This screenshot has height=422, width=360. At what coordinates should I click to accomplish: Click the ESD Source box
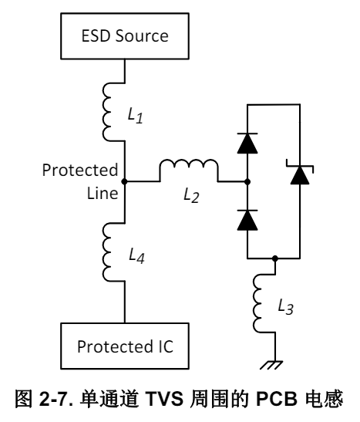tap(125, 36)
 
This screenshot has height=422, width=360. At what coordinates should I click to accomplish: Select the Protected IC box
tap(125, 346)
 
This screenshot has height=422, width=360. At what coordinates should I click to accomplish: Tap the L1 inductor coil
tap(108, 112)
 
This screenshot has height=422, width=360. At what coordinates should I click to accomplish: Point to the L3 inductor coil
tap(257, 303)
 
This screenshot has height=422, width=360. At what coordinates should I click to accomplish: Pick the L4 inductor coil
tap(108, 252)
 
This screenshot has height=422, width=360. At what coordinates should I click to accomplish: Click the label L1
tap(135, 115)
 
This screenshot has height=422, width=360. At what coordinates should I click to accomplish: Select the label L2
tap(191, 195)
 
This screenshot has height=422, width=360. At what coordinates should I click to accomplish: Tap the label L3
tap(285, 306)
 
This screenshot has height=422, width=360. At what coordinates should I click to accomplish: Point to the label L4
tap(136, 255)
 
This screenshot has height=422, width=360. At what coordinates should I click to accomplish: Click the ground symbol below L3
tap(271, 365)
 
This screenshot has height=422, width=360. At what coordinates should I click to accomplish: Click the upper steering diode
tap(247, 143)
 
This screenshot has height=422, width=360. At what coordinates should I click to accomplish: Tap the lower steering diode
tap(247, 220)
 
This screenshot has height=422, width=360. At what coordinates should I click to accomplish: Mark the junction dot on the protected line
tap(124, 181)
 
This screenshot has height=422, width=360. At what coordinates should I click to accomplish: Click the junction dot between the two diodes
tap(247, 181)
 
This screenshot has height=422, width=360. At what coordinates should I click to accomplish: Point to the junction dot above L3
tap(274, 258)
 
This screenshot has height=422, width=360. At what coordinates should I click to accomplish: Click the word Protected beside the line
tap(80, 170)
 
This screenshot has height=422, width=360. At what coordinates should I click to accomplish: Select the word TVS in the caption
tap(164, 398)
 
